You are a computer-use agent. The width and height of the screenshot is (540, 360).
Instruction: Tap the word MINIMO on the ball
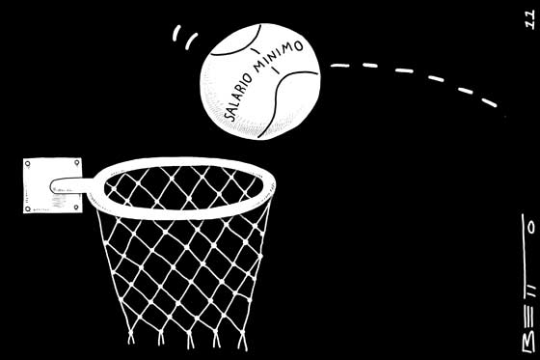(279, 56)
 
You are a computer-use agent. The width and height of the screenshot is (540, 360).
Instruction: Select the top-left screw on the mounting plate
(28, 164)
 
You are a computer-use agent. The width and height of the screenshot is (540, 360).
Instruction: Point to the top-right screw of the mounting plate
(77, 162)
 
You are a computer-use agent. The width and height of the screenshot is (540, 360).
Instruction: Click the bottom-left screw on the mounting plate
(28, 208)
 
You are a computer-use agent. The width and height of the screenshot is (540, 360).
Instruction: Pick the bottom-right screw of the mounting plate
(76, 208)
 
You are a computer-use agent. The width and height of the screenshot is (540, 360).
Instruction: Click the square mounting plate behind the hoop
(53, 185)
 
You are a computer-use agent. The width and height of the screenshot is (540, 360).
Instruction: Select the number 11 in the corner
(530, 19)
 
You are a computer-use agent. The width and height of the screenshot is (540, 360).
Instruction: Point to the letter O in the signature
(532, 227)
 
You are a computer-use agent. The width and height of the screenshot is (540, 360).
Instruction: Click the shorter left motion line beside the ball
(176, 33)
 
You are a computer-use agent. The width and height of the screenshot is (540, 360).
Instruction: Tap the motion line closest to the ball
(192, 42)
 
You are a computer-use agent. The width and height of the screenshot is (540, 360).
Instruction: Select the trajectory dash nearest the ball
(340, 66)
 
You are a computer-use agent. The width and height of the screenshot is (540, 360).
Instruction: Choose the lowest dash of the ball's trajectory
(489, 102)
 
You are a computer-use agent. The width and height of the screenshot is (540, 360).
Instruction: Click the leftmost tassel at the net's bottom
(131, 337)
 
